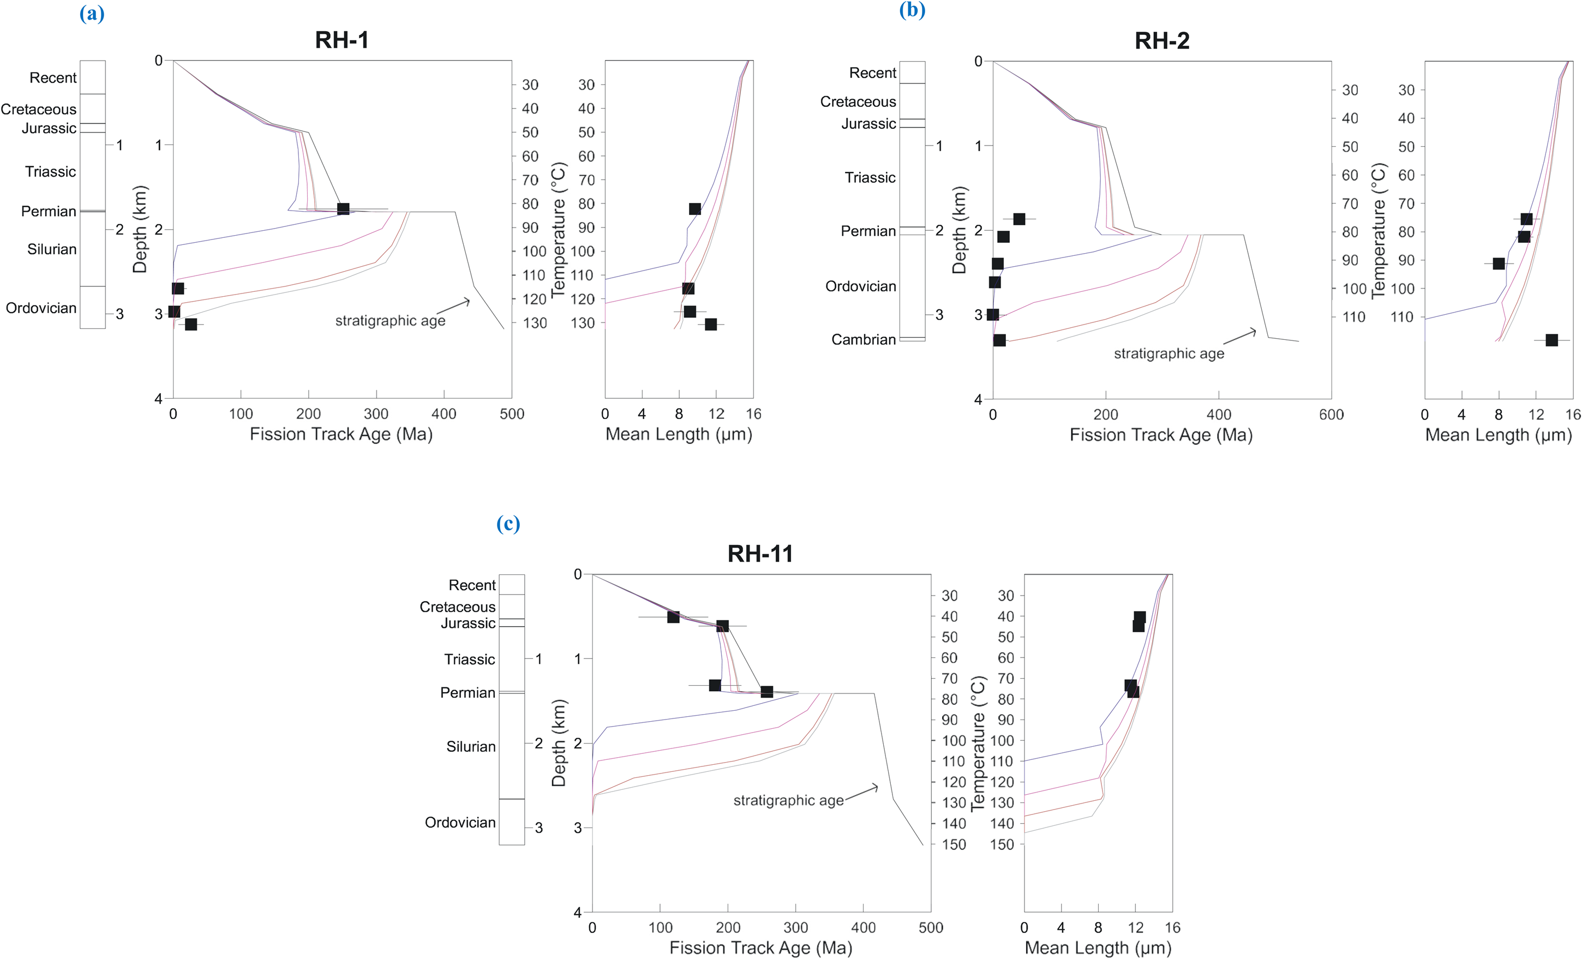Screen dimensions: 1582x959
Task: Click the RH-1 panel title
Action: coord(341,40)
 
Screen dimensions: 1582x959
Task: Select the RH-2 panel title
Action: coord(1161,40)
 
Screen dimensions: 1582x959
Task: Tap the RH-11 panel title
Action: coord(760,553)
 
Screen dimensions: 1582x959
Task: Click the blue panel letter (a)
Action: coord(92,14)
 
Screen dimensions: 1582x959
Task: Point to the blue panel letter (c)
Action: coord(508,524)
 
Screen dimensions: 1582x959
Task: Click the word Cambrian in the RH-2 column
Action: coord(864,339)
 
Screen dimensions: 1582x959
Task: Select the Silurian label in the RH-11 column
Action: coord(471,747)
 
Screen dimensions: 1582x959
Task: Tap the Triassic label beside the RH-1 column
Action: coord(51,171)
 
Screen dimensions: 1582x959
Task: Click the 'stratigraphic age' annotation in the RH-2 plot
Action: coord(1168,353)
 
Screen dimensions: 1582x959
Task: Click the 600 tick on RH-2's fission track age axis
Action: coord(1331,415)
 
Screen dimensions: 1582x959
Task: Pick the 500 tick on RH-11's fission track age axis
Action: coord(930,927)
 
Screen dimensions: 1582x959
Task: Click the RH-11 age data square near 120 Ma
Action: coord(673,617)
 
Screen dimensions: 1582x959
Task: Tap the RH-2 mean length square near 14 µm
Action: coord(1551,340)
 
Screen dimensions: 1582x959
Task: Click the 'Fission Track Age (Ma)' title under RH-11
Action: coord(761,948)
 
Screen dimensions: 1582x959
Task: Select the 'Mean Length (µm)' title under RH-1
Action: coord(679,435)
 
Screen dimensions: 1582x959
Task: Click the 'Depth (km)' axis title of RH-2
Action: coord(959,230)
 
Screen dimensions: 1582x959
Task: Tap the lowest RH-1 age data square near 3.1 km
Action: coord(191,324)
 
